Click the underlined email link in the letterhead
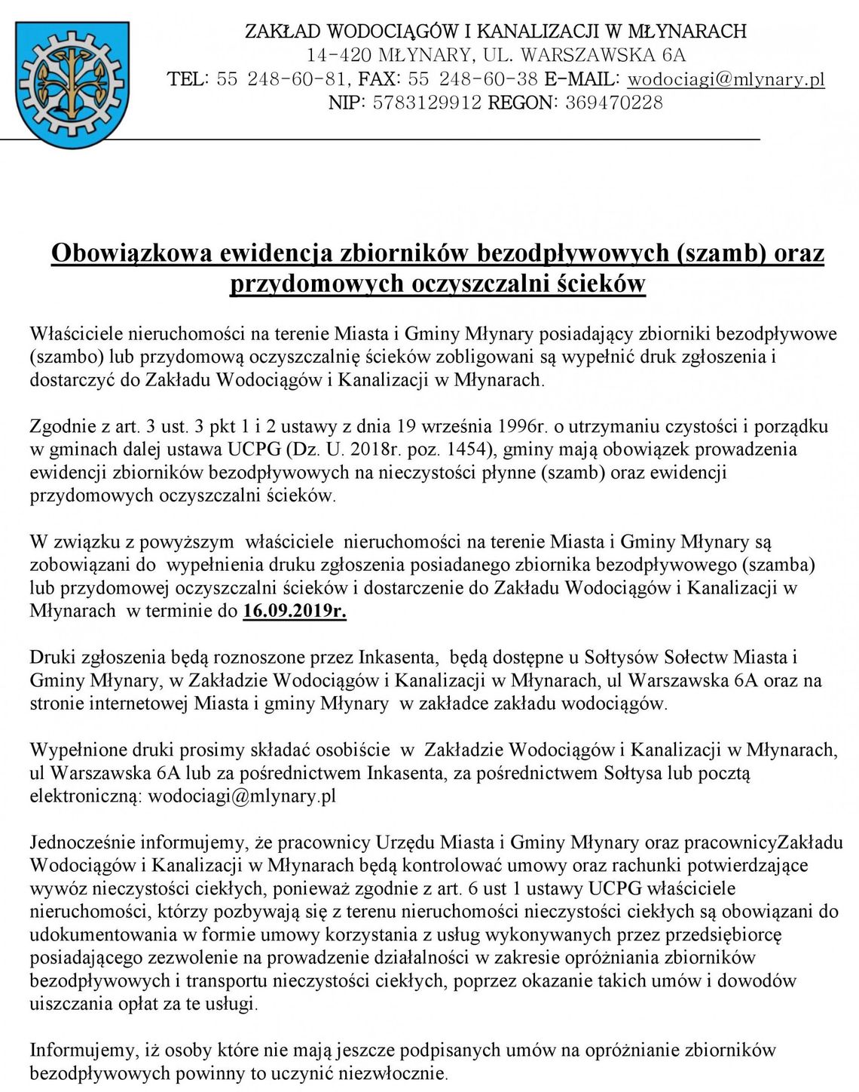click(726, 79)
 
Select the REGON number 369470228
click(613, 103)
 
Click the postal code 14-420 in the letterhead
click(338, 55)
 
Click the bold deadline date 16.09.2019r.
click(295, 611)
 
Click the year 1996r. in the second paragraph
click(526, 426)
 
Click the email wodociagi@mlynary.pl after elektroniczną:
click(241, 796)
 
